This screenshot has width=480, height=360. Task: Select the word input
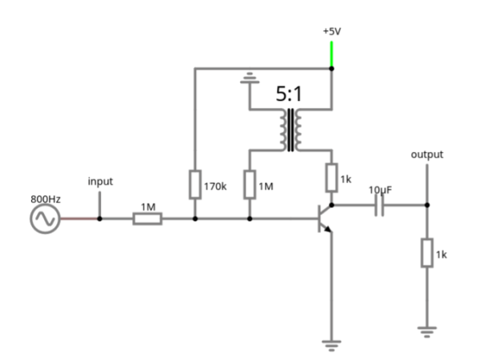point(100,182)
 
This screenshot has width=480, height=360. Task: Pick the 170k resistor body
point(194,184)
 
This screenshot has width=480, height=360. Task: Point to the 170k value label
point(214,186)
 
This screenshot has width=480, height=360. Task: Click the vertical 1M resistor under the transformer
point(250,184)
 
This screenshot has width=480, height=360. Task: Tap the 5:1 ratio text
point(290,95)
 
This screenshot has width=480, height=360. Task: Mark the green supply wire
point(331,54)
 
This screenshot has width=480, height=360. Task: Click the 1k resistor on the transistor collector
point(330,178)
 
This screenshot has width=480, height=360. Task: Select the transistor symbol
point(323,218)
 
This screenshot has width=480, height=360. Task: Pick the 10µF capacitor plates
point(379,206)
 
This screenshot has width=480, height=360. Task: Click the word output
point(426,154)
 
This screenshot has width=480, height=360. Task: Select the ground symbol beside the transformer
point(250,78)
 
